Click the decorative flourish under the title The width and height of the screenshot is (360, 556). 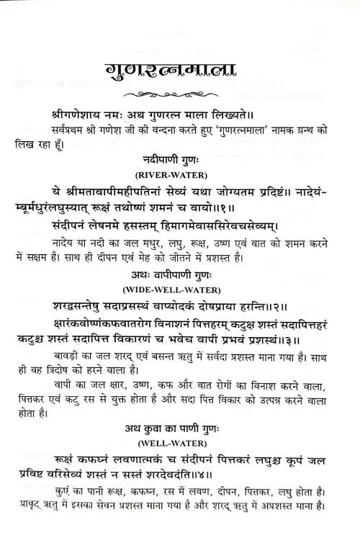tap(180, 95)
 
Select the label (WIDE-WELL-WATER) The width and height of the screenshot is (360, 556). tap(179, 290)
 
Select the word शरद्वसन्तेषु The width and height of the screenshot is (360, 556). tap(85, 306)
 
